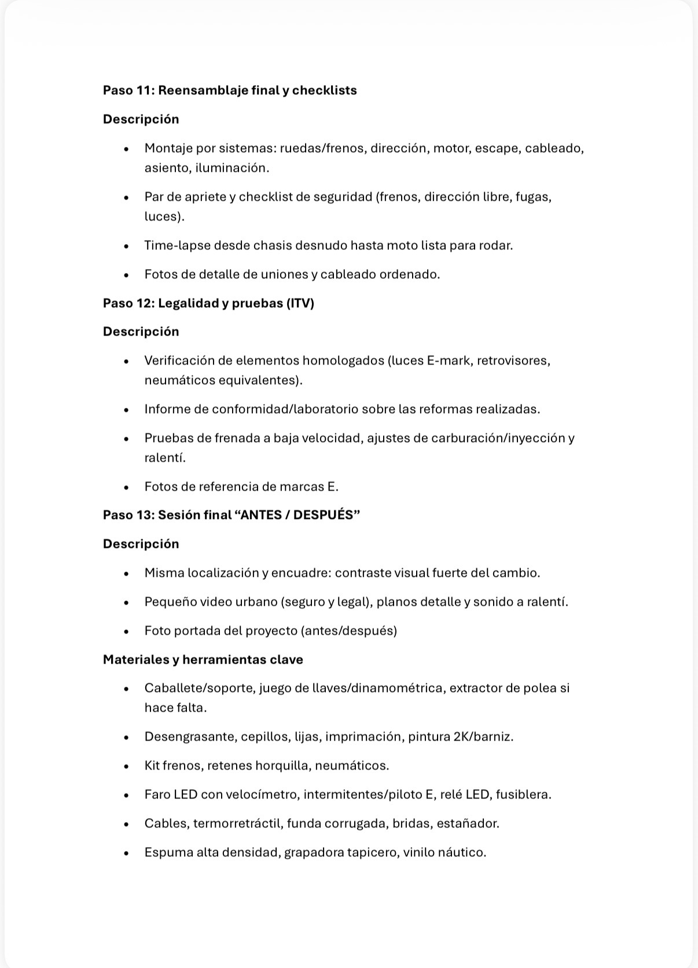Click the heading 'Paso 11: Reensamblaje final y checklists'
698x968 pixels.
230,90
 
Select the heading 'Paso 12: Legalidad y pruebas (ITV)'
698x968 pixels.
208,303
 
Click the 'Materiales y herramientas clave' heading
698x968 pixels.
203,660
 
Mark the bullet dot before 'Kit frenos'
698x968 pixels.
126,766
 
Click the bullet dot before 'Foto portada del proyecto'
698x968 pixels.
126,631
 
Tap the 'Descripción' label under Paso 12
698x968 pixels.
141,332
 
